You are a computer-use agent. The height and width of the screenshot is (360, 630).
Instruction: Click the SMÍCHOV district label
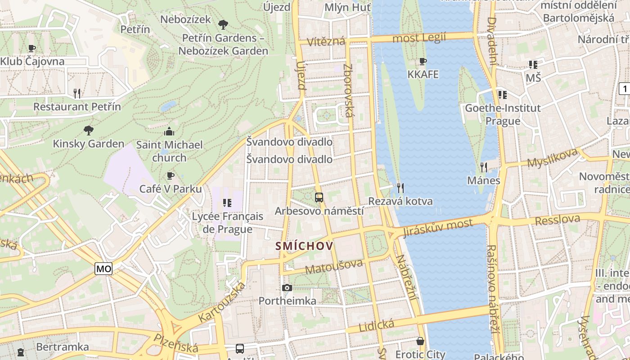[x=304, y=246]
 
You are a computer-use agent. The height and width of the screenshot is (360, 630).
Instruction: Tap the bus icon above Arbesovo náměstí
[x=319, y=197]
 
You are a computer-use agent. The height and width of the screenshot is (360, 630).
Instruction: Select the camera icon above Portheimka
[x=287, y=288]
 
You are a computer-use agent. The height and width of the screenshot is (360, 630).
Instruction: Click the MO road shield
[x=103, y=269]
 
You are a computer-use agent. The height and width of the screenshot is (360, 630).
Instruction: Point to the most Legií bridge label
[x=419, y=38]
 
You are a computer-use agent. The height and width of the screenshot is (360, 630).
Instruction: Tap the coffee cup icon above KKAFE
[x=423, y=61]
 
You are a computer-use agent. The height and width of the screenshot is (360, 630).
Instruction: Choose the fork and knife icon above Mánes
[x=484, y=167]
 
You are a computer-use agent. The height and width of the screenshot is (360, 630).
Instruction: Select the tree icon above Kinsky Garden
[x=89, y=130]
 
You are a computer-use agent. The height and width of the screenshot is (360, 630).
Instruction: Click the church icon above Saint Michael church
[x=169, y=131]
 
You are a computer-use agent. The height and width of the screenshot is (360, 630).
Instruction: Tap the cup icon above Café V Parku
[x=170, y=175]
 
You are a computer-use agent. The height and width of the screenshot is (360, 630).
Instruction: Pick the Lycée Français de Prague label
[x=227, y=223]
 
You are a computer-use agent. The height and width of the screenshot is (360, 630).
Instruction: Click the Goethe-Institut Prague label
[x=503, y=114]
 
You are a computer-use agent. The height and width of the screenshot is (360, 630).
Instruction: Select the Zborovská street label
[x=348, y=90]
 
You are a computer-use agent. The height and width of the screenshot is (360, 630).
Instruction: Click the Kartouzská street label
[x=222, y=302]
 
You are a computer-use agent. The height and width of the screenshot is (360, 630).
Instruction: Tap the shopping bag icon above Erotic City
[x=420, y=341]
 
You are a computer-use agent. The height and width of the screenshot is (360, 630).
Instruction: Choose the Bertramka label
[x=62, y=347]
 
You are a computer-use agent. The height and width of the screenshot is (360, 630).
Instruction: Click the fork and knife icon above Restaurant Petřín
[x=77, y=94]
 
